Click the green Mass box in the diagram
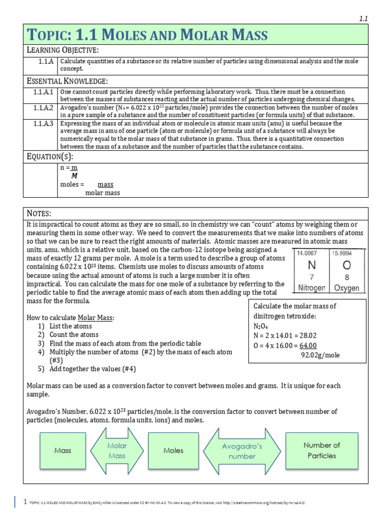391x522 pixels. (63, 451)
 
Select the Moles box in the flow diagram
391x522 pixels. (173, 451)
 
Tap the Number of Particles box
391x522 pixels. (322, 450)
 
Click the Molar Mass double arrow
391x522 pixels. (117, 451)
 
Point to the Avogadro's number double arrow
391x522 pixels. (242, 451)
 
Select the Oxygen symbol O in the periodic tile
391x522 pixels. (347, 266)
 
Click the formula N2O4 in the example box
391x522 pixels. (261, 326)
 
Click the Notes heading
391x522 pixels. (39, 213)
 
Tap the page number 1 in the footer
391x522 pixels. (25, 502)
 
